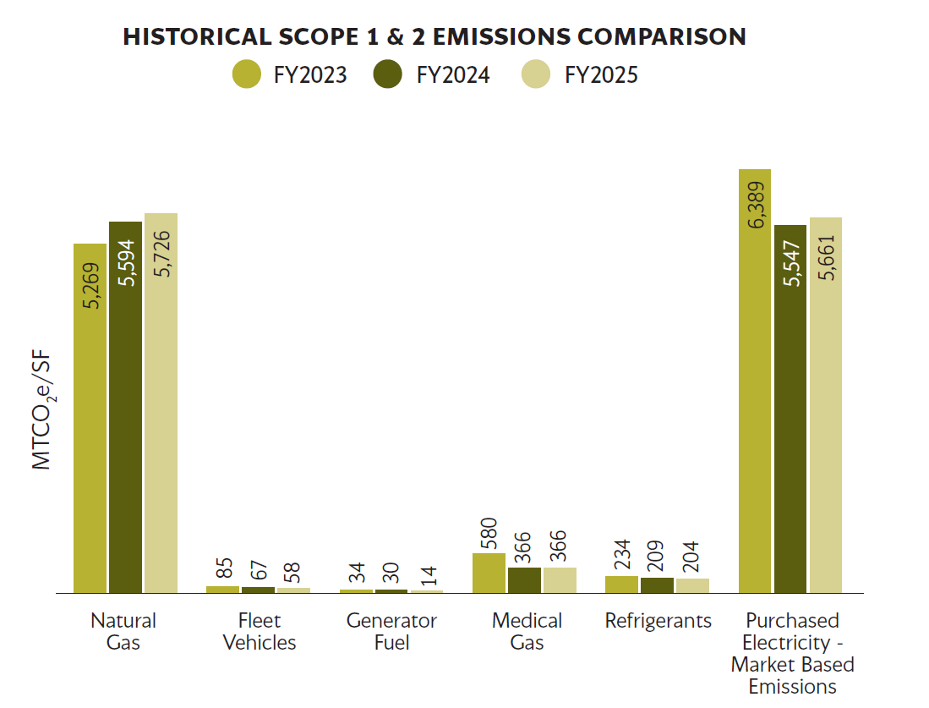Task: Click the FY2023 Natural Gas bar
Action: pos(90,418)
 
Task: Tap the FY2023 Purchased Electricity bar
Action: pos(755,381)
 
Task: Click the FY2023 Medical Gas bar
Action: pos(489,573)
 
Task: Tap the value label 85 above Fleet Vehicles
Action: pos(224,568)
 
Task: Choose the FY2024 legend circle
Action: pos(388,74)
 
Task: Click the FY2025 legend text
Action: pos(601,75)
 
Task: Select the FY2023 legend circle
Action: pos(247,74)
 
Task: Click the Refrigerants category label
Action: pos(658,621)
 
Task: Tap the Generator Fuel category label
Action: pos(391,632)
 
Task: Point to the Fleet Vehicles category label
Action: pos(260,632)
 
